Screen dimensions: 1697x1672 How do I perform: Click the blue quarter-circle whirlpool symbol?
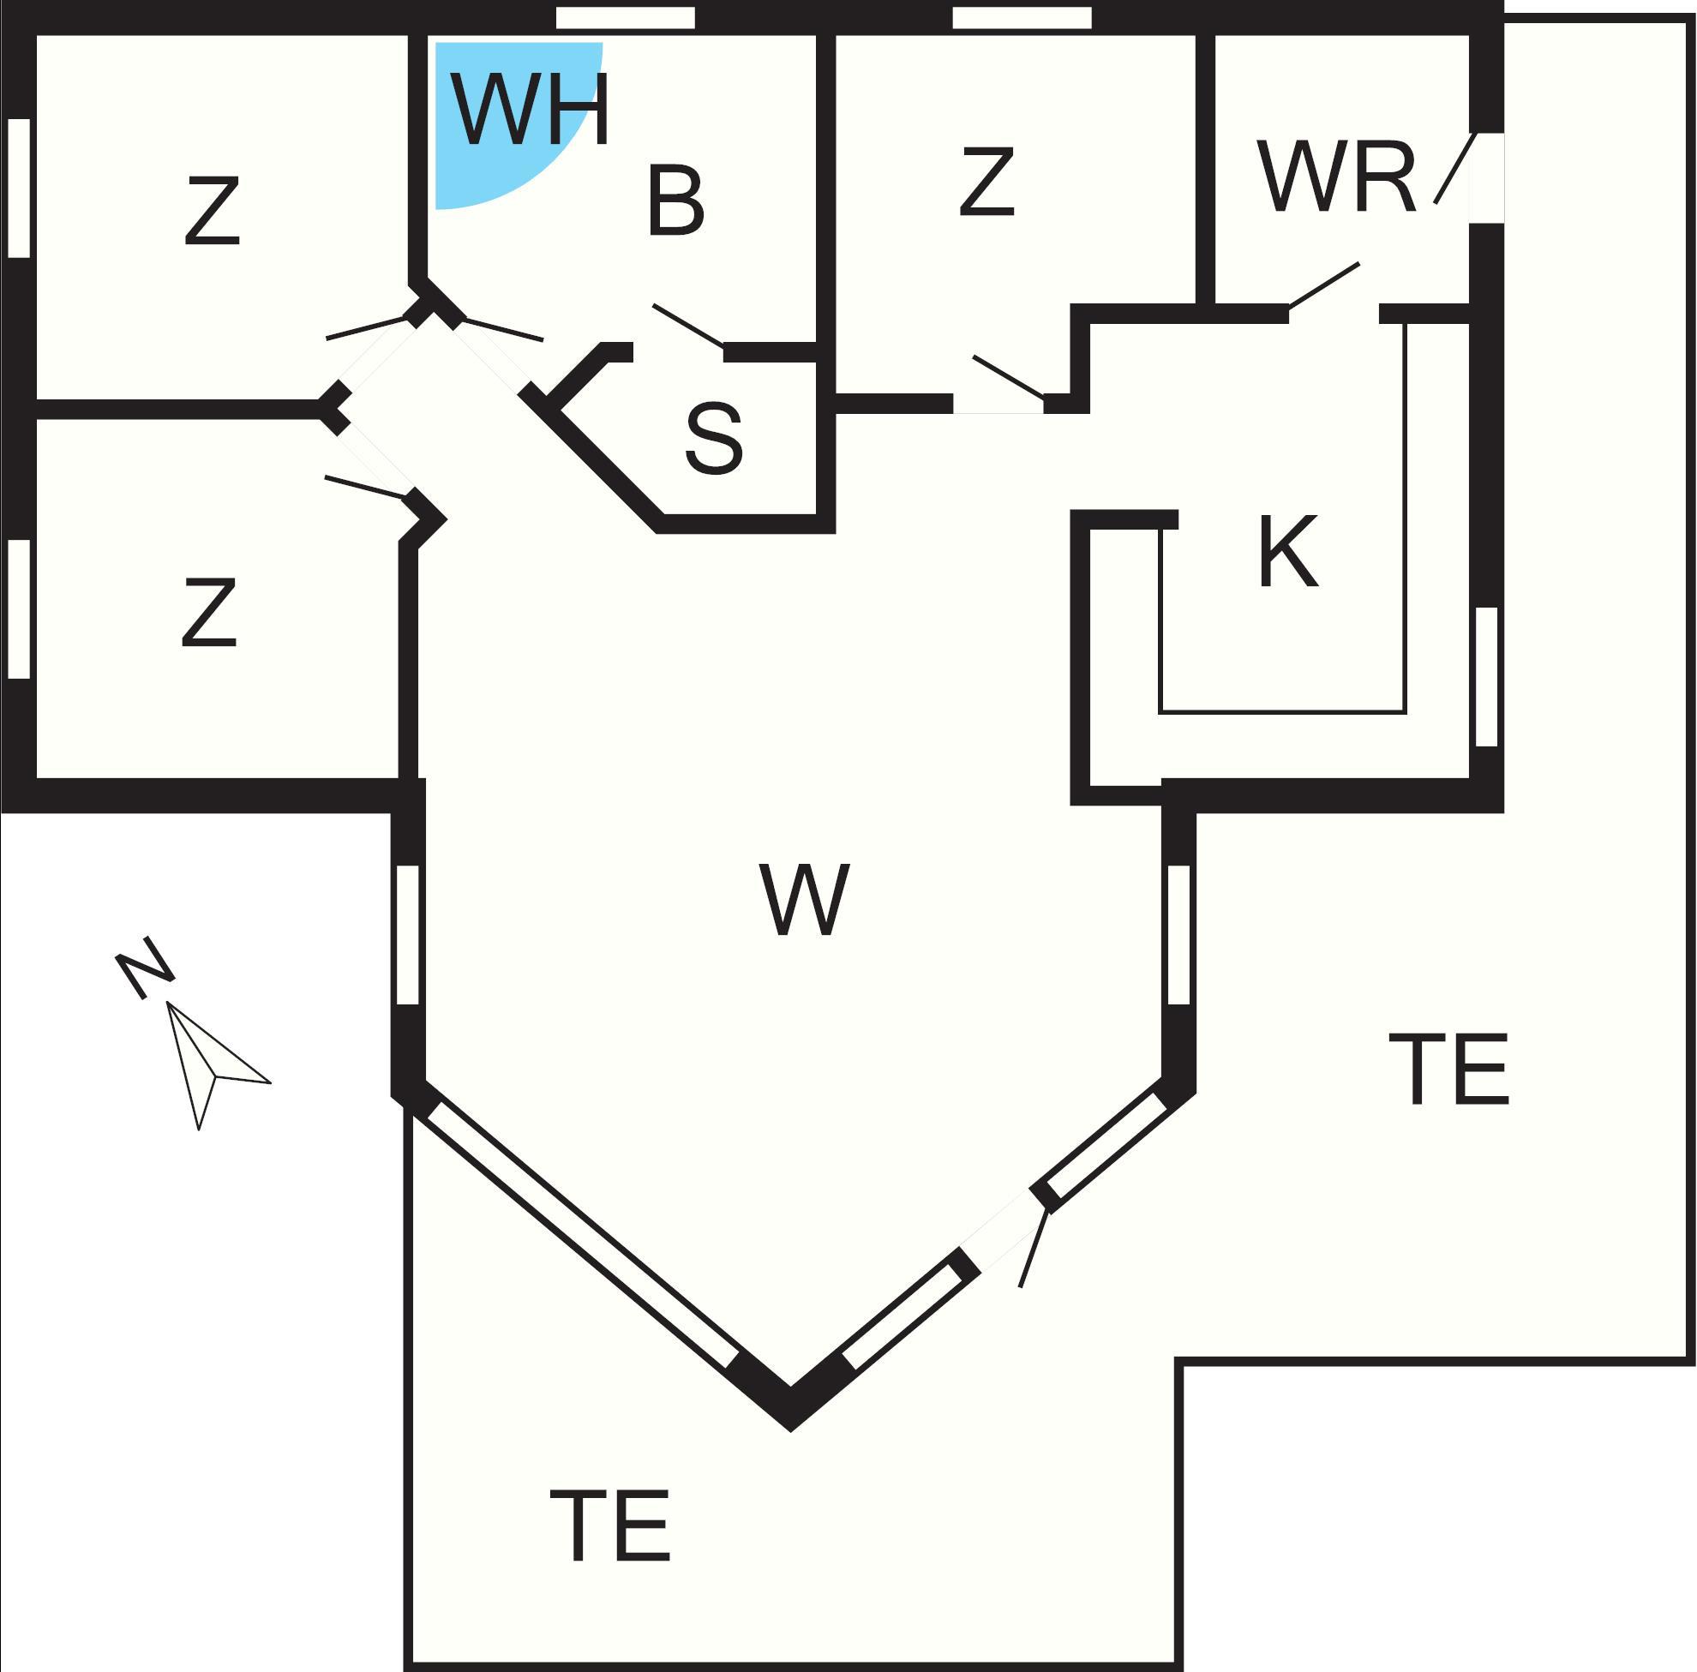point(509,116)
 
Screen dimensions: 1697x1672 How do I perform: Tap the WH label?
point(531,110)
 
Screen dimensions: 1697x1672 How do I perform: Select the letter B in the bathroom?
point(675,201)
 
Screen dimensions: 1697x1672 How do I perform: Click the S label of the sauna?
point(713,438)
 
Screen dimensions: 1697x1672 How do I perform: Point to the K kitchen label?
point(1287,552)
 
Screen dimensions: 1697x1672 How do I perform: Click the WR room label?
point(1337,176)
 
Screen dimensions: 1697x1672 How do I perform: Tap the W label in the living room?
point(804,899)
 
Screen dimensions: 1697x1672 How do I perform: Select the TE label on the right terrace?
point(1448,1069)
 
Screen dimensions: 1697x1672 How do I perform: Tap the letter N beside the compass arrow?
point(145,967)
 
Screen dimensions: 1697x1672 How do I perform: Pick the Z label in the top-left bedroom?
point(212,211)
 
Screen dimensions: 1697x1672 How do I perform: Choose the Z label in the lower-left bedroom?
point(209,612)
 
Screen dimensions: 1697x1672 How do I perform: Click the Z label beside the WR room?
point(987,181)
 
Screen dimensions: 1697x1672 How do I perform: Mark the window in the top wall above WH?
point(627,17)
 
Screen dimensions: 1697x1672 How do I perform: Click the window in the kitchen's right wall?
point(1486,676)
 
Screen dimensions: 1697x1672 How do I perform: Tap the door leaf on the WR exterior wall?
point(1454,169)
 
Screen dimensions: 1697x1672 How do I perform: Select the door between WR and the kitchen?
point(1323,285)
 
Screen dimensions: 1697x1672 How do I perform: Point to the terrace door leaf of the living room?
point(1034,1248)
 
